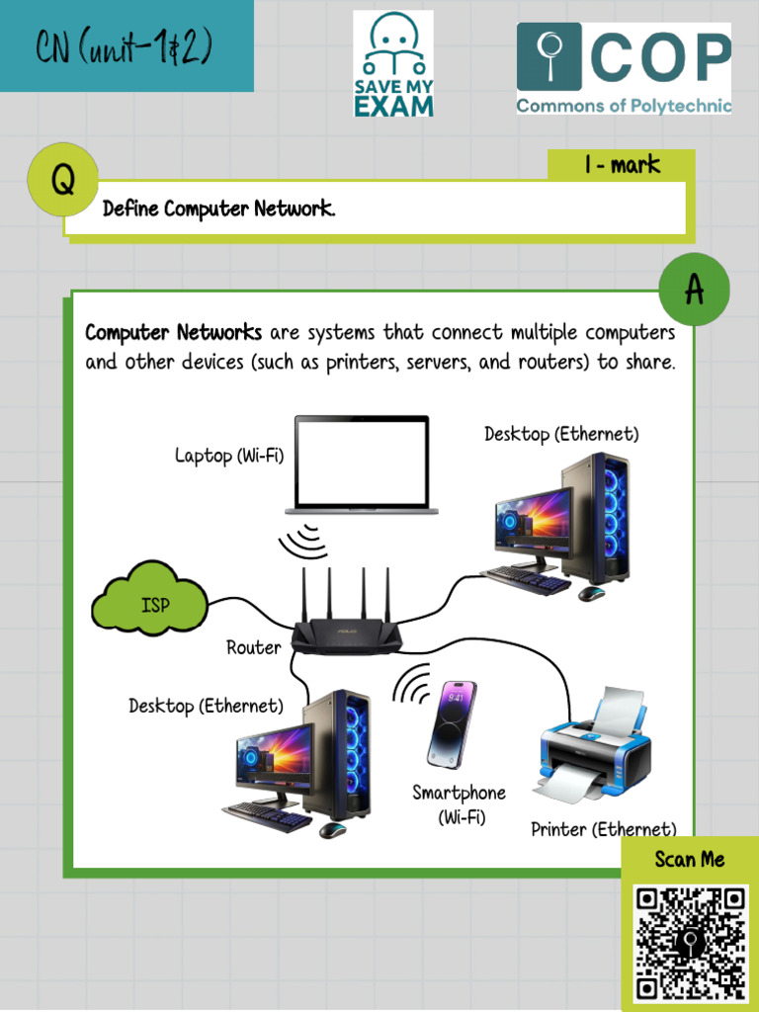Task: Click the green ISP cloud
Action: [x=150, y=599]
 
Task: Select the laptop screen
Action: [x=362, y=461]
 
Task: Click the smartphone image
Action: [x=451, y=724]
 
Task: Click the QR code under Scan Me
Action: [x=690, y=944]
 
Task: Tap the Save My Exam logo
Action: [x=393, y=65]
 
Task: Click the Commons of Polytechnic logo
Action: [x=624, y=68]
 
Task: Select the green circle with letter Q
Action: [x=62, y=180]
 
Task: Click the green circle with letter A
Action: [x=694, y=290]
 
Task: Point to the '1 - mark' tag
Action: [x=622, y=165]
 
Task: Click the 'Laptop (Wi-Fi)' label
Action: [x=229, y=456]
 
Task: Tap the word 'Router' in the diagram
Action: [x=254, y=647]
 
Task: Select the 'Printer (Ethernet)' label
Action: [x=604, y=829]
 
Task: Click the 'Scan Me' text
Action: [x=690, y=859]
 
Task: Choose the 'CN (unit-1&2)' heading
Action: [x=125, y=46]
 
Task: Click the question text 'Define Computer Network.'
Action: [x=219, y=209]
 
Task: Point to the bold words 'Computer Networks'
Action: [x=174, y=332]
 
